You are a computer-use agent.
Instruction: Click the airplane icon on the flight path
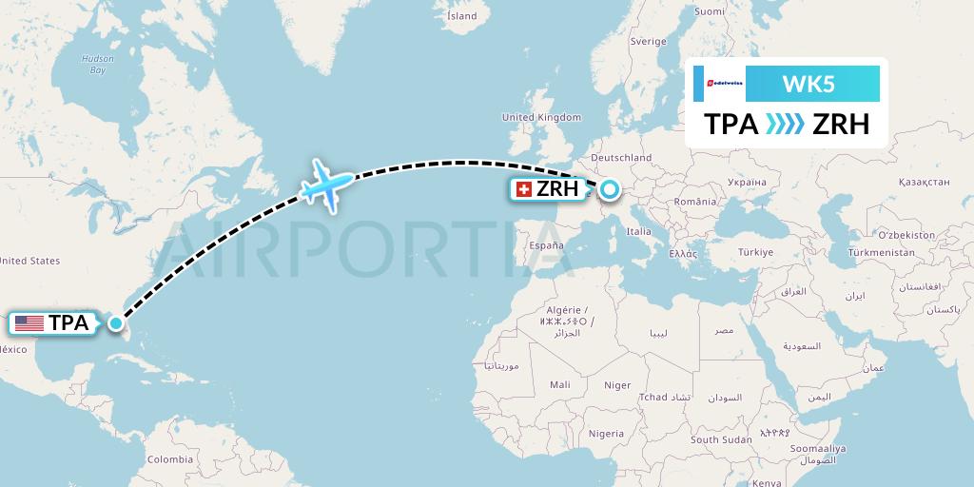327,185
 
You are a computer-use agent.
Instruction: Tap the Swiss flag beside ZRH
523,189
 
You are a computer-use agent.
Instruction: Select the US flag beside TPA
29,323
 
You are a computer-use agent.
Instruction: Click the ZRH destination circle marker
608,189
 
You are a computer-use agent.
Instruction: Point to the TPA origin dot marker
115,323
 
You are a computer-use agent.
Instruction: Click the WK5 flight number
808,84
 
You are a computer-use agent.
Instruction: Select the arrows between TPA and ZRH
786,125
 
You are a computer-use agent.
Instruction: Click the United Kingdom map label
540,117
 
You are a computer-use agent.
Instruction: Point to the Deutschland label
620,157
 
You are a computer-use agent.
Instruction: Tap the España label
546,244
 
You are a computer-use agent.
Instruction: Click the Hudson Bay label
97,64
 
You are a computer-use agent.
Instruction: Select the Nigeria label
606,433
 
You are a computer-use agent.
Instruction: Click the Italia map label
638,231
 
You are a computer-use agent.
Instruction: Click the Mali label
560,384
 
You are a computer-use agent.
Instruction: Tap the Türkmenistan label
883,253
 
